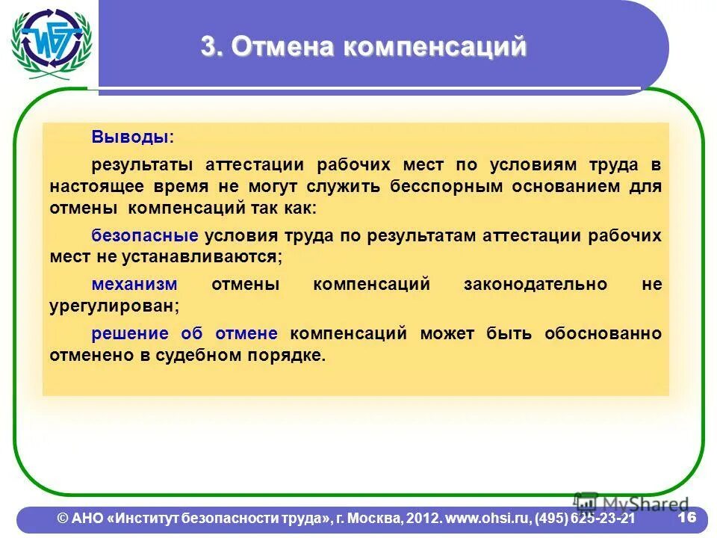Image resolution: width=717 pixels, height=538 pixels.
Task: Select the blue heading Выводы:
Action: (x=132, y=137)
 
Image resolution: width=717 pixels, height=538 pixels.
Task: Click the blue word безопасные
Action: (x=144, y=235)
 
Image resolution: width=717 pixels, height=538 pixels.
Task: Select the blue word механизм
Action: (x=134, y=285)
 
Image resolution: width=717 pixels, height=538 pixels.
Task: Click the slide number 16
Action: (x=686, y=517)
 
